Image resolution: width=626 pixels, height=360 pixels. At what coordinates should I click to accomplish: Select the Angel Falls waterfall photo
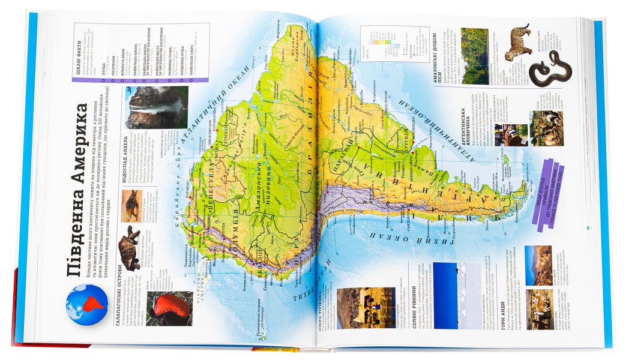click(157, 106)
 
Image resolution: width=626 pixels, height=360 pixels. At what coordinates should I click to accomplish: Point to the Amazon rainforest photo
click(474, 55)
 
